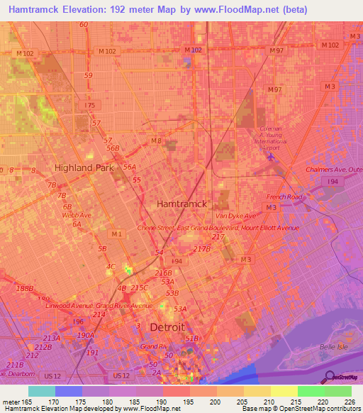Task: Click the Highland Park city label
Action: tap(84, 167)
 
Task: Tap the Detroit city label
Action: tap(167, 327)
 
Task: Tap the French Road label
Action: tap(284, 197)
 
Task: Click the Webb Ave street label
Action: tap(77, 215)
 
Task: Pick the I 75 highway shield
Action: tap(89, 105)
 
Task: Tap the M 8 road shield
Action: tap(155, 141)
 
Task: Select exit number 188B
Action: tap(24, 288)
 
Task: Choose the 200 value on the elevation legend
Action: tap(203, 402)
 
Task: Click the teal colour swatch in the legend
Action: tap(42, 391)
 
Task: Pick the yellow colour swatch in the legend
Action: tap(284, 391)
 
